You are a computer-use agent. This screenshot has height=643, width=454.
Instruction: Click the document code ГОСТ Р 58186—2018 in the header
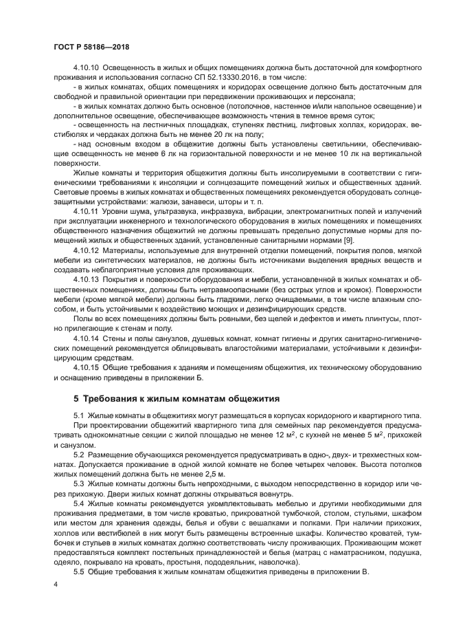[91, 46]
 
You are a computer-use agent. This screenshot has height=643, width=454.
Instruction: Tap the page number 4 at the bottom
[55, 585]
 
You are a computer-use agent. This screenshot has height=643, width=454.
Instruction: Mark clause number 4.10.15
[87, 368]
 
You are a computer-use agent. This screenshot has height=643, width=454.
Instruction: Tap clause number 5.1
[78, 417]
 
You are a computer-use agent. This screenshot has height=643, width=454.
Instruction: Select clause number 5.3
[78, 483]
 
